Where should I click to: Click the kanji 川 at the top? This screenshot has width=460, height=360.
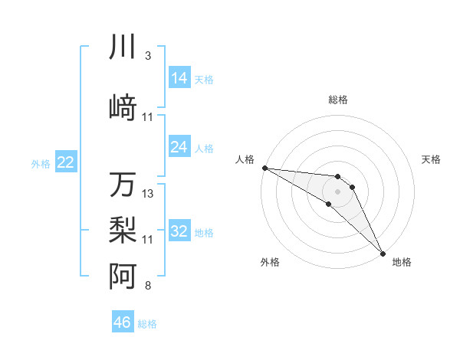tap(123, 47)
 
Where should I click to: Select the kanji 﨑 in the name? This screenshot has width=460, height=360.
tap(123, 108)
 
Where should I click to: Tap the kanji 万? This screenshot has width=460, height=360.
tap(123, 185)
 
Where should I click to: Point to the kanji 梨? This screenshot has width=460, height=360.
tap(123, 230)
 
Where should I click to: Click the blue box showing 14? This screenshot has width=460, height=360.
tap(179, 77)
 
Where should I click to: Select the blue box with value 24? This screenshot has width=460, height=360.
tap(179, 146)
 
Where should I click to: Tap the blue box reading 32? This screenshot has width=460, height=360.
tap(179, 231)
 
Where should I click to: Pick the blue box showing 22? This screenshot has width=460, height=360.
tap(66, 162)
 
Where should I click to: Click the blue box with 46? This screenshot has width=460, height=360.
tap(123, 322)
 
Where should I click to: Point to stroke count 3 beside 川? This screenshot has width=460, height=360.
tap(148, 56)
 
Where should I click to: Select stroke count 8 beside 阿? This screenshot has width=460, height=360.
tap(148, 286)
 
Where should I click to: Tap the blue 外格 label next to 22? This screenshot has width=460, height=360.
tap(41, 162)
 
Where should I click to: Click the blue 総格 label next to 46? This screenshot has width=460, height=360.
tap(147, 323)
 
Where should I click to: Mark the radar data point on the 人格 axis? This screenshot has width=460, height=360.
tap(264, 168)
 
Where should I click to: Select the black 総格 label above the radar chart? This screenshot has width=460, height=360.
tap(337, 100)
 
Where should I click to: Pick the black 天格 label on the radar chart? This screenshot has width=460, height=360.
tap(432, 159)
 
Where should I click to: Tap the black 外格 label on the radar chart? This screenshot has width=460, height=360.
tap(270, 262)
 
